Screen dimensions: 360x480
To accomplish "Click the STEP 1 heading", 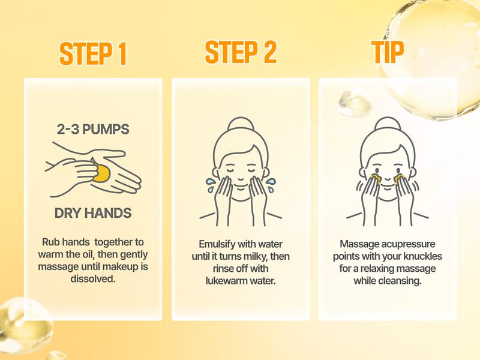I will click(x=93, y=53).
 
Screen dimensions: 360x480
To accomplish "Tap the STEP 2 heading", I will click(x=241, y=52).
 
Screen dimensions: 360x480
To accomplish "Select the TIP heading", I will click(x=387, y=52).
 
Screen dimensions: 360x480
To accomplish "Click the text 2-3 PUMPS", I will click(x=93, y=129).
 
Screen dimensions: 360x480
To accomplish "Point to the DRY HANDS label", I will click(x=93, y=213).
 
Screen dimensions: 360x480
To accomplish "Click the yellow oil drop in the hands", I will click(x=103, y=173).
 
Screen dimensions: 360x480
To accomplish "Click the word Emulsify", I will click(x=218, y=245).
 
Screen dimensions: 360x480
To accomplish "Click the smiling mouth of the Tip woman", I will click(x=387, y=187).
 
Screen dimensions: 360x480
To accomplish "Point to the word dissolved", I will click(x=93, y=278).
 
